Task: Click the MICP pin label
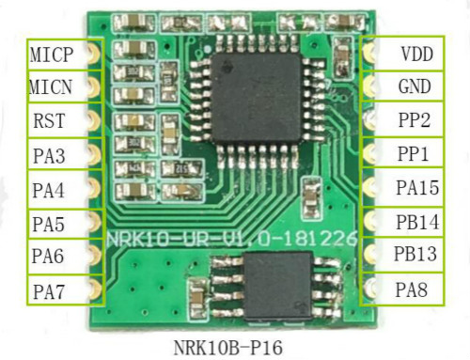pyautogui.click(x=52, y=55)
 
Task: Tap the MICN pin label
pyautogui.click(x=51, y=86)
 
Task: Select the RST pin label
pyautogui.click(x=49, y=120)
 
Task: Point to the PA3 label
pyautogui.click(x=49, y=156)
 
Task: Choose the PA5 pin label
pyautogui.click(x=49, y=224)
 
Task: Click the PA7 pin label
pyautogui.click(x=49, y=291)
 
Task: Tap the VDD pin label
pyautogui.click(x=417, y=54)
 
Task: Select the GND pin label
pyautogui.click(x=415, y=86)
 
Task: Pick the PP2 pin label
pyautogui.click(x=415, y=119)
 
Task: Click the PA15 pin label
pyautogui.click(x=417, y=187)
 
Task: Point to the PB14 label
pyautogui.click(x=417, y=222)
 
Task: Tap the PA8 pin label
pyautogui.click(x=412, y=290)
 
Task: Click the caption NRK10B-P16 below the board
pyautogui.click(x=228, y=348)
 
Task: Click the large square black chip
pyautogui.click(x=257, y=98)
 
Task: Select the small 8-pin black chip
pyautogui.click(x=277, y=287)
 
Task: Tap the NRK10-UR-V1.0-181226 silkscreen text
pyautogui.click(x=232, y=239)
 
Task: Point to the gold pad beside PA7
pyautogui.click(x=94, y=289)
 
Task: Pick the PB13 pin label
pyautogui.click(x=415, y=254)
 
